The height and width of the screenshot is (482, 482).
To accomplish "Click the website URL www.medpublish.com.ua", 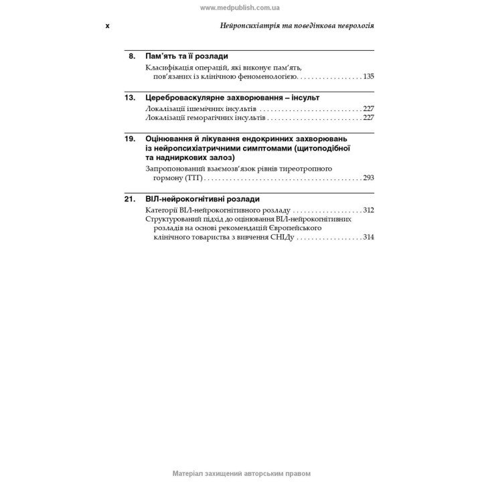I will pos(240,7).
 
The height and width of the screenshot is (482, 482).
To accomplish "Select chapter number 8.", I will pos(132,56).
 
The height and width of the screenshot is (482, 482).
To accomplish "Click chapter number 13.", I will pos(131,97).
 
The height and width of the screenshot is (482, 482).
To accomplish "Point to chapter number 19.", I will pos(131,138).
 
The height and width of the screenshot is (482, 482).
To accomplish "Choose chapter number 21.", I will pos(131,199).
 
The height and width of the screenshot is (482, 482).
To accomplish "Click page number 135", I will pos(368,77).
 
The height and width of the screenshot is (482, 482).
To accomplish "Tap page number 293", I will pos(368,179).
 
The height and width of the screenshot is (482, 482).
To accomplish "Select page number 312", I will pos(368,210).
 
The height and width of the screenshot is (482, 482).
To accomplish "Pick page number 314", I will pos(368,238).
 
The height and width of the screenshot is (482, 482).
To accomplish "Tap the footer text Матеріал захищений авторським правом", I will pos(241,473).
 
